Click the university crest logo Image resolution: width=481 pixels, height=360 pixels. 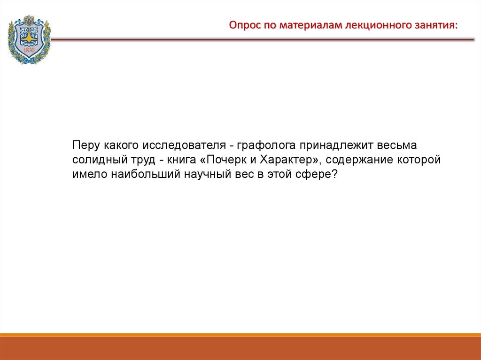[x=29, y=39]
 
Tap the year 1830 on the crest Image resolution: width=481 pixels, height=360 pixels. [x=29, y=50]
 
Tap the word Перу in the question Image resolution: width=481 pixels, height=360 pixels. [x=86, y=146]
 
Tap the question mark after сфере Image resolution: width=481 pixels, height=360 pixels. [x=334, y=174]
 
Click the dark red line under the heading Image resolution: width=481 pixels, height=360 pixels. [x=262, y=39]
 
